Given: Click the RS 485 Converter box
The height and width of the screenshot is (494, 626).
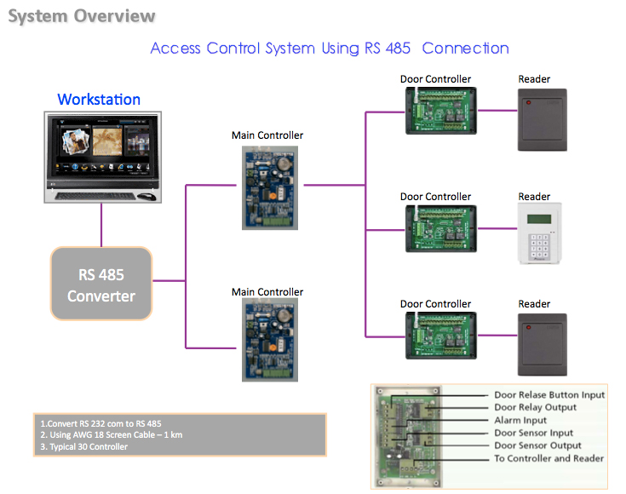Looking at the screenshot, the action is tap(101, 284).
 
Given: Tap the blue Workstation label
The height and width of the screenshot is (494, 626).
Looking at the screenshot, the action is tap(99, 100).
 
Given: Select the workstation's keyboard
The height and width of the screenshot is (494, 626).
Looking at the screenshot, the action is tap(95, 196).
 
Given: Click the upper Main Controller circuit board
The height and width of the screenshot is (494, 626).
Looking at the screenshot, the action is tap(270, 187).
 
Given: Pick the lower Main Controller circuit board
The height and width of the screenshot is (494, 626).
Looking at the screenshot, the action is tap(270, 340).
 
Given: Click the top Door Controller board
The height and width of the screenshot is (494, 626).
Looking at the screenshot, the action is tap(441, 111).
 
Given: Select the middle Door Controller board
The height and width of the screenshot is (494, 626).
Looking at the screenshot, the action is tap(441, 228).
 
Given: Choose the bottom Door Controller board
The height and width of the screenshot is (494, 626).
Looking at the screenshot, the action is tap(441, 336).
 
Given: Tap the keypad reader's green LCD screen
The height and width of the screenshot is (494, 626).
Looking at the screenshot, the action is tap(539, 219).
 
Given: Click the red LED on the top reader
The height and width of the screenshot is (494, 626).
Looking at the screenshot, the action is tap(529, 103).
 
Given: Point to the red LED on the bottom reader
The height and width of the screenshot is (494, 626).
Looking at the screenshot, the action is tap(529, 327).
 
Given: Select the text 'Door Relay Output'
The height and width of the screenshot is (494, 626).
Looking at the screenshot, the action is tap(536, 407).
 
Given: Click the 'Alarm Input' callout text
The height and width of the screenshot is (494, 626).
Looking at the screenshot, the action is tap(520, 420).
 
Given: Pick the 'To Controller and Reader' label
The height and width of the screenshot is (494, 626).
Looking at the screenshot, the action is tap(549, 458).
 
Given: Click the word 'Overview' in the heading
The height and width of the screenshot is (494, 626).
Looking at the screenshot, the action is tap(115, 16).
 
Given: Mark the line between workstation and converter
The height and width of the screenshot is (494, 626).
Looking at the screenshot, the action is tap(101, 225).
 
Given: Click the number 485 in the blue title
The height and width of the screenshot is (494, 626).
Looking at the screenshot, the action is tap(398, 49).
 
